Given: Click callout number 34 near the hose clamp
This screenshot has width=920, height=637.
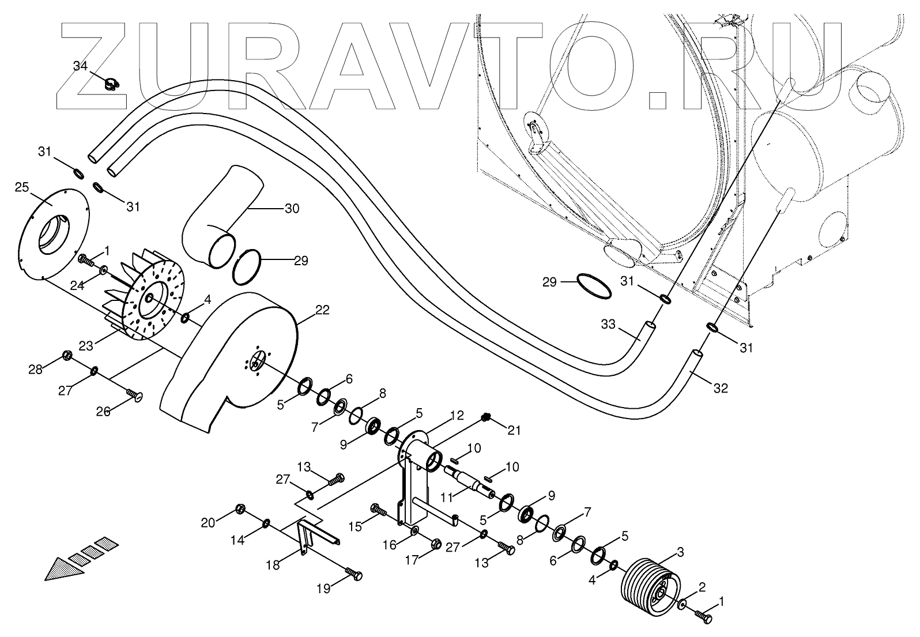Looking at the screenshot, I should tap(80, 66).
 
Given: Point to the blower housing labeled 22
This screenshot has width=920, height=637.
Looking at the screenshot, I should tap(231, 357).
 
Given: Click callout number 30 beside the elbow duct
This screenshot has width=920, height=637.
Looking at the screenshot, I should tap(292, 209).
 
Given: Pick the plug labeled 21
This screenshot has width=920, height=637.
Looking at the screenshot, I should tap(485, 417).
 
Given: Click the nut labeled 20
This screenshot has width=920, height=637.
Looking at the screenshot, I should tap(241, 510).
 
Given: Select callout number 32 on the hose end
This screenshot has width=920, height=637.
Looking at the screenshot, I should tap(720, 389).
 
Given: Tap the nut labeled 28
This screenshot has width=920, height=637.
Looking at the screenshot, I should tap(66, 355).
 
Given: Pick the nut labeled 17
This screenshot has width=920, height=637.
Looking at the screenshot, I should tap(436, 543).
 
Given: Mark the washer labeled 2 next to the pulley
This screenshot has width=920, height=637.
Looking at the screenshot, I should tap(682, 605).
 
